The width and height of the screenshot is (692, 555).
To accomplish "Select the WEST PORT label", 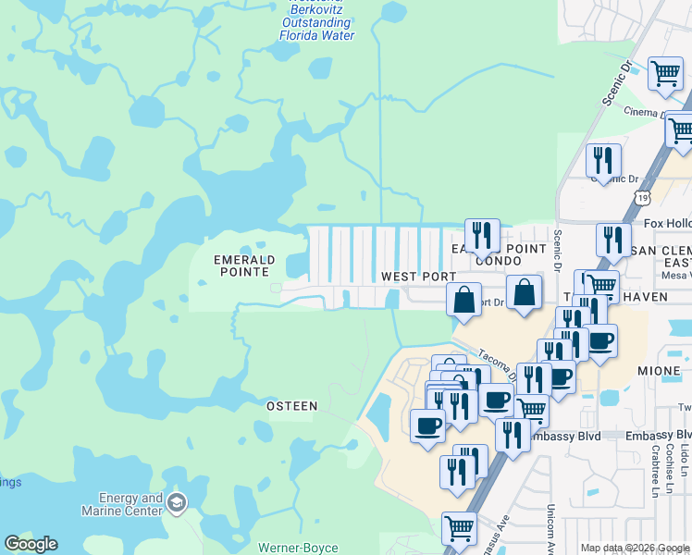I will [418, 277].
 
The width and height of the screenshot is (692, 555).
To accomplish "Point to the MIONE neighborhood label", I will [659, 370].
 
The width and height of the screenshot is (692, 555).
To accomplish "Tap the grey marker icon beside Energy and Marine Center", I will [177, 503].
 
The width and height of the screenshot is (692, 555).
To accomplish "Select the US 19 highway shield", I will [643, 197].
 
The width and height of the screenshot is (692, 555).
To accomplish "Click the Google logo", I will [31, 544].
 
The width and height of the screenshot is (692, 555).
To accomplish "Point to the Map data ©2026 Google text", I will [634, 548].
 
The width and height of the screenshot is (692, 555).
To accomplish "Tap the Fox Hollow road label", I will [667, 223].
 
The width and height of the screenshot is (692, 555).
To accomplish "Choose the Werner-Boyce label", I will [297, 549].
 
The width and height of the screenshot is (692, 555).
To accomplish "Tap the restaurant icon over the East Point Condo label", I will [482, 235].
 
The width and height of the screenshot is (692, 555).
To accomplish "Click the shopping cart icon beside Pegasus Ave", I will [459, 529].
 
